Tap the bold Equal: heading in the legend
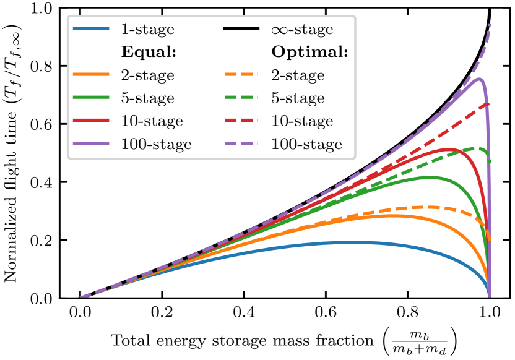[149, 52]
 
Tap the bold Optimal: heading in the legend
[309, 52]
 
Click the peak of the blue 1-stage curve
[353, 242]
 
